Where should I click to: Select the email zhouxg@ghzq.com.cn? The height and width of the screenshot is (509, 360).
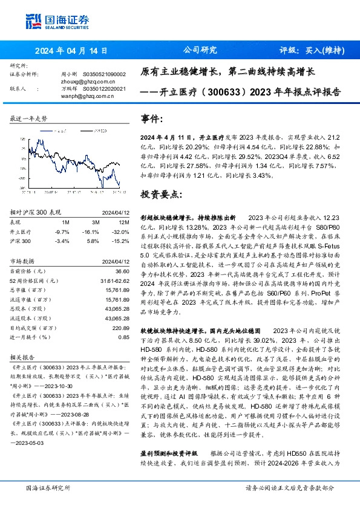(x=80, y=81)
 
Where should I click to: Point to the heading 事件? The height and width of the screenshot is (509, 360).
(x=152, y=120)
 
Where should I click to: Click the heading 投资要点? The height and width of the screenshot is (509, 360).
(x=161, y=195)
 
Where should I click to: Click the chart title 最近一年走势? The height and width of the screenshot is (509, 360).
(x=28, y=119)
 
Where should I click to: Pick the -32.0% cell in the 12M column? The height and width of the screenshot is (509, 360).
(x=120, y=232)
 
